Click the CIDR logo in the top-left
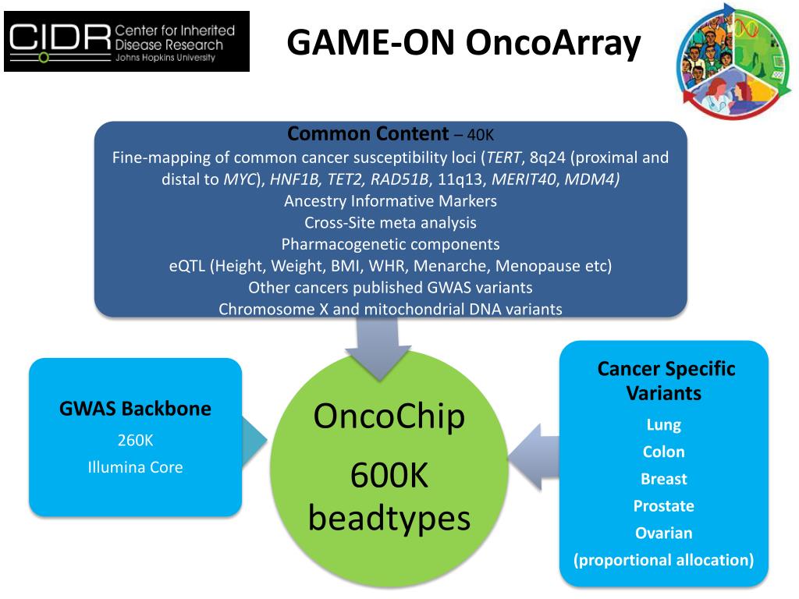[126, 41]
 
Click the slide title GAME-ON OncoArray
[463, 43]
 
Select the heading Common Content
[368, 133]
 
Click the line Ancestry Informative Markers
[390, 200]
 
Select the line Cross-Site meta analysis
[390, 222]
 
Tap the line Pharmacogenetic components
[390, 244]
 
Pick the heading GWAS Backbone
[135, 409]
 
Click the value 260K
[135, 441]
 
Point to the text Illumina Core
[135, 468]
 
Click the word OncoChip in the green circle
[389, 416]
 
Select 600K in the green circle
[389, 477]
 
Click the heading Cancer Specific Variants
[666, 381]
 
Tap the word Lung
[664, 425]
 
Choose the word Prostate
[664, 506]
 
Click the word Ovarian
[664, 533]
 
